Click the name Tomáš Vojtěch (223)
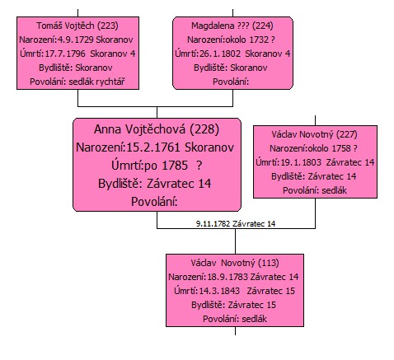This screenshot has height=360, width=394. point(77,26)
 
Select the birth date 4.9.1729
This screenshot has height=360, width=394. point(76,40)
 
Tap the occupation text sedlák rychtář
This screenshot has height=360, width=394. point(96,82)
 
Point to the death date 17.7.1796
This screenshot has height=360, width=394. point(65,54)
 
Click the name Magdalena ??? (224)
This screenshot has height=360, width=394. point(232,26)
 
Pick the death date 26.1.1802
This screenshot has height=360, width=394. point(220,54)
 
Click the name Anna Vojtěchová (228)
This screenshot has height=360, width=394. point(157,129)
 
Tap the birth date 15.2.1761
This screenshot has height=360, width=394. point(152,147)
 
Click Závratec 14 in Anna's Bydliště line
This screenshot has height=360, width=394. point(179,184)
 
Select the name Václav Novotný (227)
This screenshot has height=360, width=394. point(315,134)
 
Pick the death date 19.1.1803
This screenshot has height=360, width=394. point(301,162)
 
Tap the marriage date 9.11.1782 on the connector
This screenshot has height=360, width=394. point(213,224)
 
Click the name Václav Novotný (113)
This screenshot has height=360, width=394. point(235,263)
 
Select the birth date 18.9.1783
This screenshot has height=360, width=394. point(227,277)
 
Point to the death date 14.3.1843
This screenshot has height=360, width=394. point(219,291)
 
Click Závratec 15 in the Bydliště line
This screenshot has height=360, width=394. point(251,305)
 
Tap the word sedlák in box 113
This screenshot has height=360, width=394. point(255,319)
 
